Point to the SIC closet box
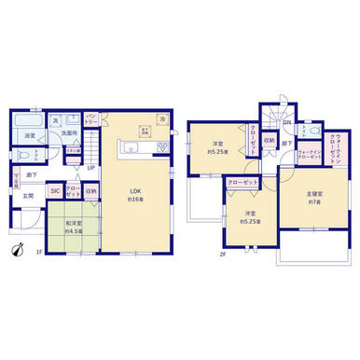[54, 192]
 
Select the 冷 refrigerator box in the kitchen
[162, 119]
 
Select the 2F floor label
[222, 252]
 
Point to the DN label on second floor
[287, 122]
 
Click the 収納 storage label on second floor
[268, 142]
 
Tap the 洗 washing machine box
[56, 120]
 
